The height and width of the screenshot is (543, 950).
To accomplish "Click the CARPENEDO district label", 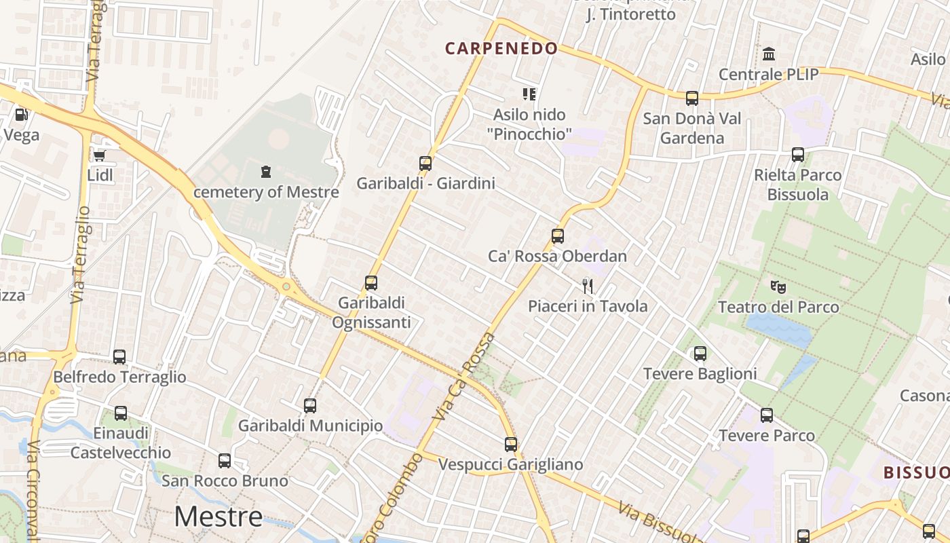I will [x=501, y=48].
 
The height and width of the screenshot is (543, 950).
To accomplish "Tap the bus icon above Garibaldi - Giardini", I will [x=425, y=163].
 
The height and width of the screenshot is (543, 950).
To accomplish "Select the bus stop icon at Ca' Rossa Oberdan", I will [x=557, y=236].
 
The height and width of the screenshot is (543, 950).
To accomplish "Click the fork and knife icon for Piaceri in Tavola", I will [x=588, y=286].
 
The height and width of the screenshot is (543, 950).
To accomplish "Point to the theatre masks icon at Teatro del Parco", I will [x=778, y=287].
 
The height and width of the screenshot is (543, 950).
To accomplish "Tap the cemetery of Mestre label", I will [x=266, y=191].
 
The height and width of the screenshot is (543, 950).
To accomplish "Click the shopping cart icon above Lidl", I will [x=99, y=155].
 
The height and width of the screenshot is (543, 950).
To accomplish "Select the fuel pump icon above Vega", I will [x=21, y=115].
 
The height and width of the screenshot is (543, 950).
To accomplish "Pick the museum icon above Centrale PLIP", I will [x=769, y=54].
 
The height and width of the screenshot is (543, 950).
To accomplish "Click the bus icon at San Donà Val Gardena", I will [x=691, y=98].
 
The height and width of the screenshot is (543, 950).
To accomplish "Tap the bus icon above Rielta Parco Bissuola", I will [x=798, y=155].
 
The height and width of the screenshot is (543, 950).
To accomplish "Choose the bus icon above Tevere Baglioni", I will [x=700, y=354].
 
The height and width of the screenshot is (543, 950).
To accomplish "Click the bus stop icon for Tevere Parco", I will [x=767, y=415].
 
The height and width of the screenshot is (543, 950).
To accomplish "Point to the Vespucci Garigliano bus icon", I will [x=511, y=445].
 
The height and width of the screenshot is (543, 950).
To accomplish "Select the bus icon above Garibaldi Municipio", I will [x=310, y=406].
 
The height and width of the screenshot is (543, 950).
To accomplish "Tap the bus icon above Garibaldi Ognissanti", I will [x=371, y=283].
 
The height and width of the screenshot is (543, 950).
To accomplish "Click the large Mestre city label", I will [x=218, y=517].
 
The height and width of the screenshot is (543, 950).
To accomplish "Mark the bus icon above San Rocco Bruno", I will [x=225, y=461].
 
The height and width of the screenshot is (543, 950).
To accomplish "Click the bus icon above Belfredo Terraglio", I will [x=119, y=356].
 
